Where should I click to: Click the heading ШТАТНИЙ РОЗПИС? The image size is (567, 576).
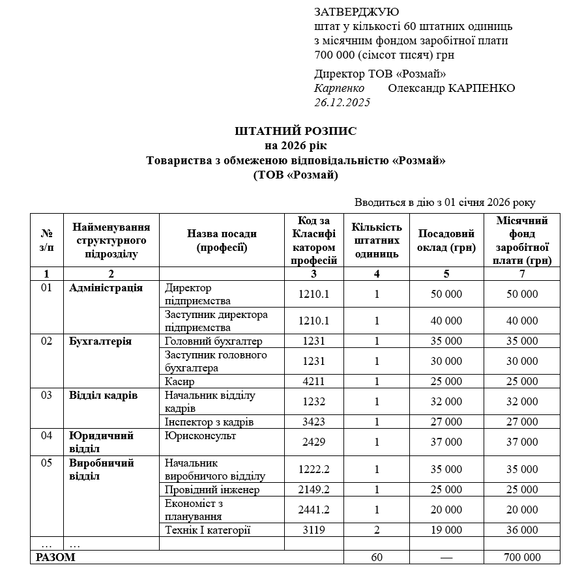point(296,131)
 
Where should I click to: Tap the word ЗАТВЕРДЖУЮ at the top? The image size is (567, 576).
point(356,12)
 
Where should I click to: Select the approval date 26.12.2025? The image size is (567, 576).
point(342,102)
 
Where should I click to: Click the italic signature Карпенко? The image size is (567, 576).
point(339,88)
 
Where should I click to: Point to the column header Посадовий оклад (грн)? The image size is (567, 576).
point(446,240)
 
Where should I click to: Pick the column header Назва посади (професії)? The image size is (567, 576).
point(222,240)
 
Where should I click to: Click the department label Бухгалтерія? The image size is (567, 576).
point(100,341)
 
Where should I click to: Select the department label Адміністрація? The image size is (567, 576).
point(106,288)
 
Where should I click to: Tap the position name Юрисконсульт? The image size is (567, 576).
point(201,435)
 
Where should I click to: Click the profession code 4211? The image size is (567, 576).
point(313,381)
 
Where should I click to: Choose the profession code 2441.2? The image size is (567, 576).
point(313,510)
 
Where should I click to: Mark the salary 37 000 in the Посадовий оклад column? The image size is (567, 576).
point(446,442)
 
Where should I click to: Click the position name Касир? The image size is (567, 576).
point(180,381)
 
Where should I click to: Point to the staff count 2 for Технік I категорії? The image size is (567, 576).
point(377,530)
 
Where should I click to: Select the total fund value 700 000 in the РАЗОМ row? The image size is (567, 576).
point(522,557)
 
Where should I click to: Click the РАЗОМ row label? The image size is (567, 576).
point(55,557)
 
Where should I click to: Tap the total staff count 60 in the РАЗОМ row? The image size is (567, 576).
point(377,557)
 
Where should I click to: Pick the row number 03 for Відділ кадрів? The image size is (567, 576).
point(47,396)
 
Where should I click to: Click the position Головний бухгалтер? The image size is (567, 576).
point(213,341)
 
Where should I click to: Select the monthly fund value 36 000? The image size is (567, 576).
point(522,530)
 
